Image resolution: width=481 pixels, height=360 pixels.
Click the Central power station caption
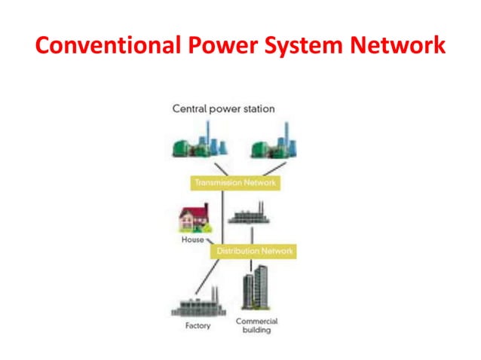click(x=224, y=108)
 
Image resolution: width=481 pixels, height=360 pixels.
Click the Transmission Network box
click(x=234, y=182)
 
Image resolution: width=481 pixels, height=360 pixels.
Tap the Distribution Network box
click(x=252, y=250)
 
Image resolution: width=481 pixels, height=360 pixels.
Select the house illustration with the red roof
click(x=193, y=218)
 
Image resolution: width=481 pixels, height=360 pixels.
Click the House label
click(x=191, y=239)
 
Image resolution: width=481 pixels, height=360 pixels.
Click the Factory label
click(x=198, y=326)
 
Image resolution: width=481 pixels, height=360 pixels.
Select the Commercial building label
click(x=256, y=325)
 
